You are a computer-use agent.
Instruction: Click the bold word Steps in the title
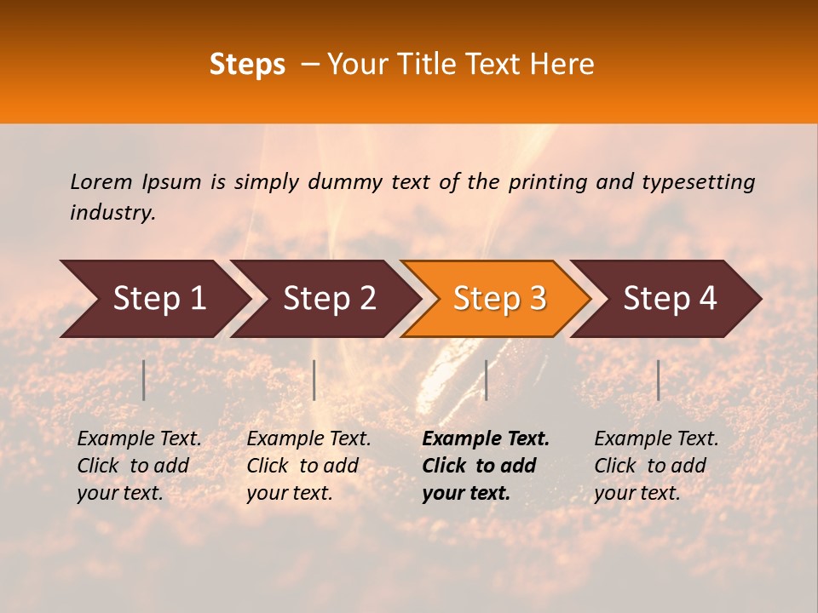[x=247, y=65]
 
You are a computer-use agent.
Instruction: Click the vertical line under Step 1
[x=143, y=380]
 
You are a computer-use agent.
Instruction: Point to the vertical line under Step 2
[x=314, y=380]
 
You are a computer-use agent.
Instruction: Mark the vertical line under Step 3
[x=486, y=380]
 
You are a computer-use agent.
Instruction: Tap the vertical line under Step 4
[x=658, y=380]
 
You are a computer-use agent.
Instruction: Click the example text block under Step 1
[x=139, y=466]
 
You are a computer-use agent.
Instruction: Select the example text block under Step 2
[x=308, y=466]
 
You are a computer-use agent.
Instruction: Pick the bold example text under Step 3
[x=486, y=466]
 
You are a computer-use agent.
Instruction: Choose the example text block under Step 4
[x=656, y=466]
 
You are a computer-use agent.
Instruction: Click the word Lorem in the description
[x=101, y=181]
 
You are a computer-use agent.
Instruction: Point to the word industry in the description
[x=112, y=213]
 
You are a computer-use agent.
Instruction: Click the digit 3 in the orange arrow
[x=537, y=298]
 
